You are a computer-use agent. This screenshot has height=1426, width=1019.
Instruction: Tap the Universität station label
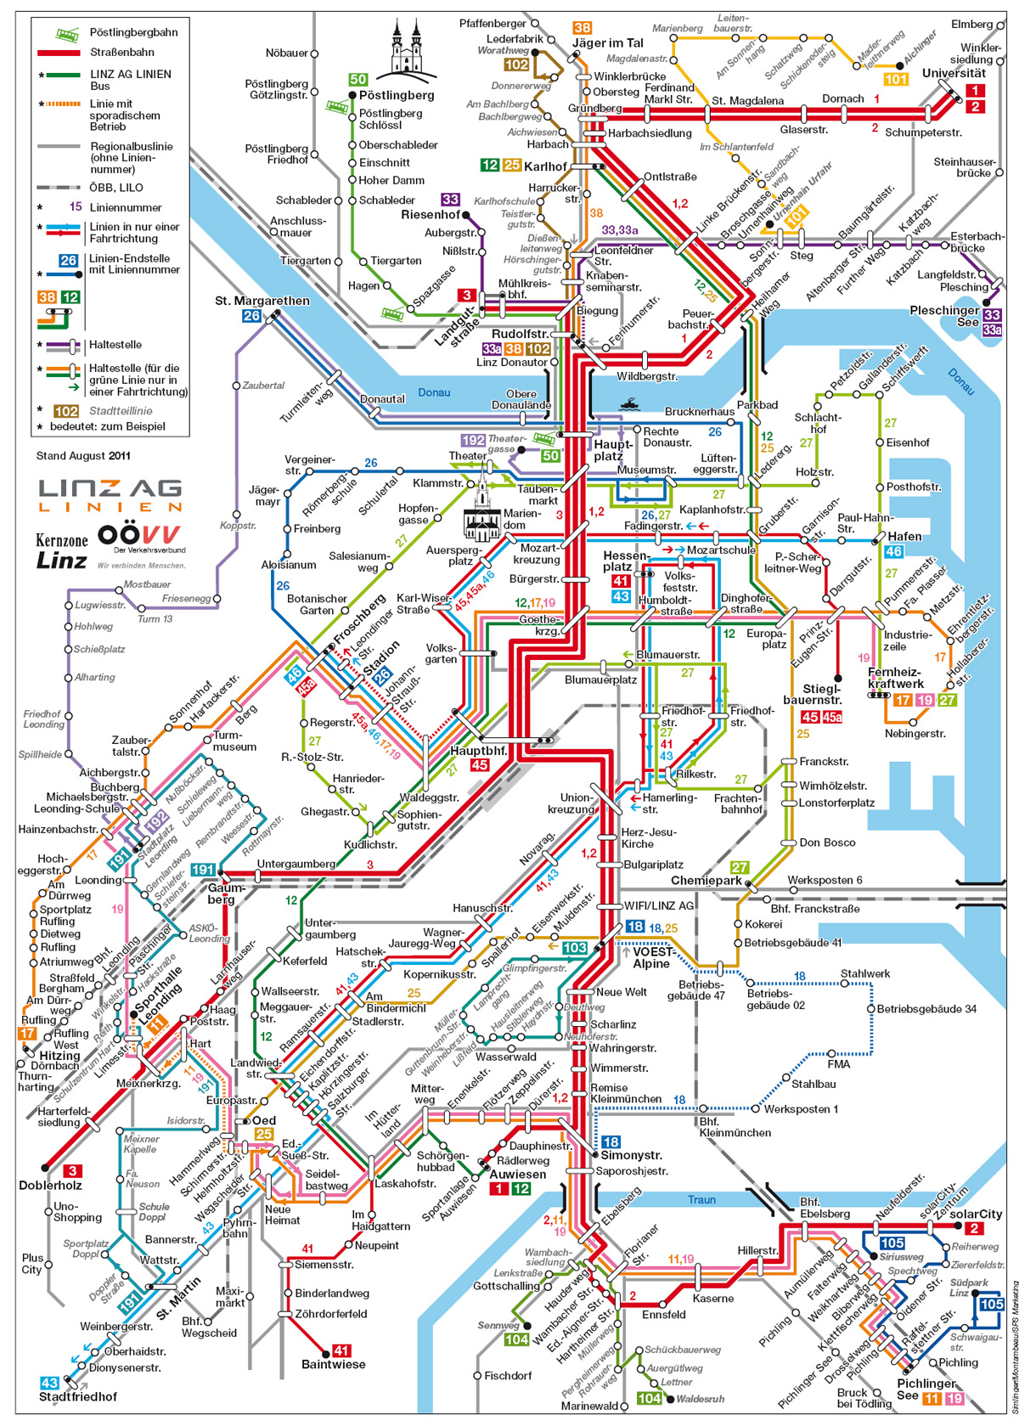click(x=954, y=73)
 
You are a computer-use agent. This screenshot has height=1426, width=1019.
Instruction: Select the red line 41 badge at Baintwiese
click(x=341, y=1350)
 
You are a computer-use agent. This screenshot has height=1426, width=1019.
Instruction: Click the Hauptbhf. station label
click(x=478, y=751)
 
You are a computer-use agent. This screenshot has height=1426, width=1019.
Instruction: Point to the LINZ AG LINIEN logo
click(x=110, y=495)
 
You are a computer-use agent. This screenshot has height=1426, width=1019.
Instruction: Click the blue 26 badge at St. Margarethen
click(x=251, y=316)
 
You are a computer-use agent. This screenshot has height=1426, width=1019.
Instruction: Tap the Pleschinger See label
click(x=943, y=316)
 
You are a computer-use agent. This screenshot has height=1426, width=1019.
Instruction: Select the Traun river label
click(x=701, y=1200)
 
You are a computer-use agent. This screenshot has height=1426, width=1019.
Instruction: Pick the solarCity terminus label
click(x=975, y=1214)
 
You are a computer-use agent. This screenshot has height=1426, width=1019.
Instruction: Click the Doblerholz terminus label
click(x=50, y=1185)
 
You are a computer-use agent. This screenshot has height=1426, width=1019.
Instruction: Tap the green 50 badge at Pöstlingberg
click(x=358, y=80)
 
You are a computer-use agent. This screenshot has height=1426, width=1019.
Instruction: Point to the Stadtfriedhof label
click(x=78, y=1396)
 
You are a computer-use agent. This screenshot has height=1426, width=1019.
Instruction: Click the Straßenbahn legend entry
click(x=121, y=53)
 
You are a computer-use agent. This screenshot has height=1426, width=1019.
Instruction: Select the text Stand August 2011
click(x=83, y=456)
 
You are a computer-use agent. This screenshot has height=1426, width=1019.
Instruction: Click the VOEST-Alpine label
click(x=651, y=958)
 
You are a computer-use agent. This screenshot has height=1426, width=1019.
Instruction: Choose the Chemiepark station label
click(x=706, y=881)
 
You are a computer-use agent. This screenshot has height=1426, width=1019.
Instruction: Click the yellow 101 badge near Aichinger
click(x=896, y=79)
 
